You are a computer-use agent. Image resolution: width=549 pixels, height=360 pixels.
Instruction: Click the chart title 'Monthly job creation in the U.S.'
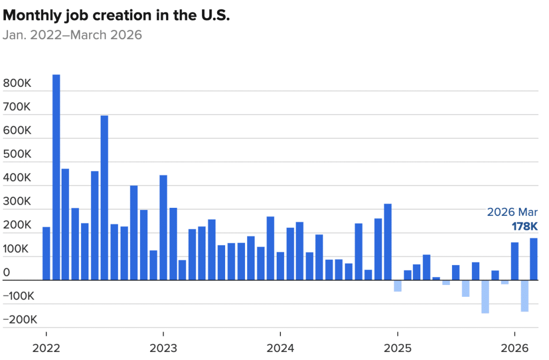(116, 16)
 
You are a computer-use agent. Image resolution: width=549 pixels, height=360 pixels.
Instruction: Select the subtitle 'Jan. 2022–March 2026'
(72, 35)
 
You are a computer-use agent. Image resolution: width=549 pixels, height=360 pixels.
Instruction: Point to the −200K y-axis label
(20, 320)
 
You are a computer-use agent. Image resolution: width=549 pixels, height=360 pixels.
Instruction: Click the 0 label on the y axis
(6, 273)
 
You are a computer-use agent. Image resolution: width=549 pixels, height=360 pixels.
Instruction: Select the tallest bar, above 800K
(56, 177)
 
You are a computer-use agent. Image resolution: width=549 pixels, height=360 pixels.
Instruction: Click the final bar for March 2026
(534, 259)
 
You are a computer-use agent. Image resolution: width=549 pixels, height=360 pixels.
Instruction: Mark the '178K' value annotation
(524, 227)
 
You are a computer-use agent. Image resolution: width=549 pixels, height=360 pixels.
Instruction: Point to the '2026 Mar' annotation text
(512, 212)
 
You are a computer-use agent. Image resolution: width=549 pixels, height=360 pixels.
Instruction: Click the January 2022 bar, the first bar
(46, 253)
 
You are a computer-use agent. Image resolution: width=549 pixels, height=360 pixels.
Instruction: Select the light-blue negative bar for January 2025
(397, 286)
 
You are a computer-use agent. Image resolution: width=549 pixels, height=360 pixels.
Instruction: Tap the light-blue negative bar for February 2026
(524, 296)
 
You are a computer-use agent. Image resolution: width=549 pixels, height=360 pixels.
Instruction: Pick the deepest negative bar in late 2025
(485, 296)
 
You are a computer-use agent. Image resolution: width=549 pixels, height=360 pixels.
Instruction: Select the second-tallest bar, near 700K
(105, 198)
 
